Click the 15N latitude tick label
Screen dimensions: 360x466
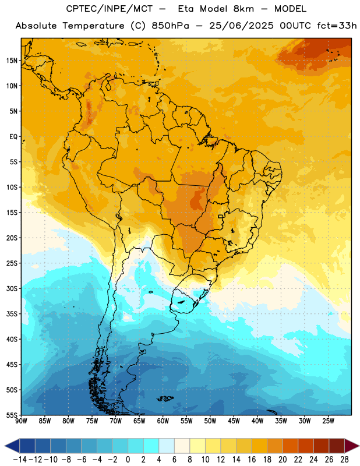(12, 61)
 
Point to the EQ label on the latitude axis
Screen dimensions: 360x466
(13, 137)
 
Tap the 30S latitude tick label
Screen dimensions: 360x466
(12, 288)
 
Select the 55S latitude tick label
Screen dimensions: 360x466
(12, 415)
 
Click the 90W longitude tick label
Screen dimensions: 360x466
(21, 421)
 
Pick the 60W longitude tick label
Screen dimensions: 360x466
(163, 421)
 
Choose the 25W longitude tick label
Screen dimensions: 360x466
(328, 421)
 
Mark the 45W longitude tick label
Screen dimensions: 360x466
(234, 421)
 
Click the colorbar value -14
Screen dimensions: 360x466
(20, 460)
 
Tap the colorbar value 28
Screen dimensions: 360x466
(344, 460)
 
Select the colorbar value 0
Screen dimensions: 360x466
(128, 460)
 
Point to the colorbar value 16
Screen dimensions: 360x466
(252, 460)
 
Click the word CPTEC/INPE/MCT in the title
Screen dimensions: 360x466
(109, 9)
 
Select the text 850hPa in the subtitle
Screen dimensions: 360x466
(170, 26)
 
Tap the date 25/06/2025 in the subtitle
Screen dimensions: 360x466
(241, 26)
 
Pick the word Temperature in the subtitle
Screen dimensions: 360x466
(93, 26)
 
